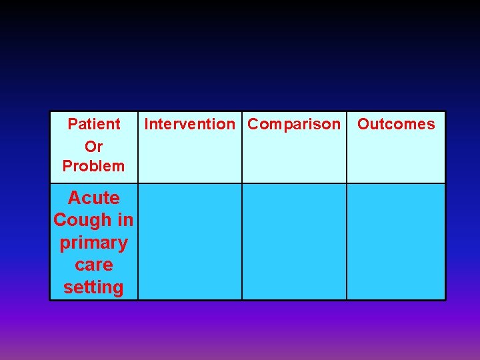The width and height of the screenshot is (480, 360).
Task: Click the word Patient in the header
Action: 94,124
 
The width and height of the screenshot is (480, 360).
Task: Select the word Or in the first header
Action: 94,145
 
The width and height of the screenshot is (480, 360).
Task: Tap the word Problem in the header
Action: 94,166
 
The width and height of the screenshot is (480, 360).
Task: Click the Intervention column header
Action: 190,124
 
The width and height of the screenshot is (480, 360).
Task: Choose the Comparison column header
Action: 294,124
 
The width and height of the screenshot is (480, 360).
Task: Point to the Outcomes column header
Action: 396,124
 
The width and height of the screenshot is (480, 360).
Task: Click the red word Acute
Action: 94,198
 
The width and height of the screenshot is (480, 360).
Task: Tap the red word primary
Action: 94,243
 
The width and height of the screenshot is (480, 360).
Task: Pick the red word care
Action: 94,265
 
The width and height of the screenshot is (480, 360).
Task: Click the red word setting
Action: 94,287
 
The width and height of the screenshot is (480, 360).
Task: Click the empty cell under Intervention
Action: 190,241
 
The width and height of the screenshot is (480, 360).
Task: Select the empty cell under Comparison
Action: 294,241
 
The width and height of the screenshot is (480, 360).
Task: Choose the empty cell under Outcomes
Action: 396,241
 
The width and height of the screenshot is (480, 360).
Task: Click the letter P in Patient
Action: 72,124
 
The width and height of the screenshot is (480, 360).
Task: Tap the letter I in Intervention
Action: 146,124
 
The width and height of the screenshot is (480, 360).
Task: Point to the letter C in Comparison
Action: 253,124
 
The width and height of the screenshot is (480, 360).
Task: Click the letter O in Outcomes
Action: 363,124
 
